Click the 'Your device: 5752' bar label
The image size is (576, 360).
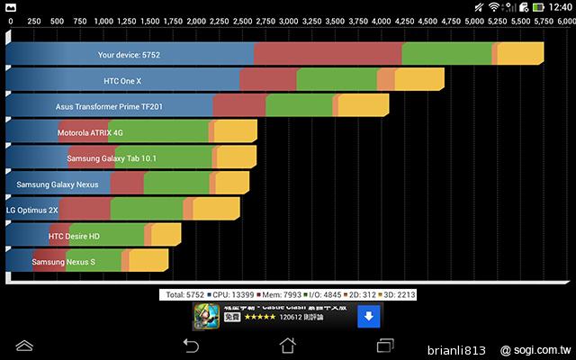point(129,55)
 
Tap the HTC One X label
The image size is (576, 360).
point(122,81)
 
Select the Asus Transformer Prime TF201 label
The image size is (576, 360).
point(109,106)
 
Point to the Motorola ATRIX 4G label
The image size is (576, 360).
point(90,132)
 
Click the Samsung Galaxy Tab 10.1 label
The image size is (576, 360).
point(112,158)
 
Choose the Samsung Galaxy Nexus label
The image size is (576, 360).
point(58,184)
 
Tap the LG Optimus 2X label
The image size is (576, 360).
point(31,210)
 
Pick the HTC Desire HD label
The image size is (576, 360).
point(74,237)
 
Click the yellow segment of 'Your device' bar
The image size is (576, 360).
point(520,55)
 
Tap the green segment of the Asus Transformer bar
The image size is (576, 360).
point(299,106)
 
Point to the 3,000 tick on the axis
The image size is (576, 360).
point(287,19)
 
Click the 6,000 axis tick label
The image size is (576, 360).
point(564,19)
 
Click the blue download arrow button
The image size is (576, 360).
point(367,317)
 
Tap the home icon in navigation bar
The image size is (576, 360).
point(287,345)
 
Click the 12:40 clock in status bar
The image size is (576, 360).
point(557,6)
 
